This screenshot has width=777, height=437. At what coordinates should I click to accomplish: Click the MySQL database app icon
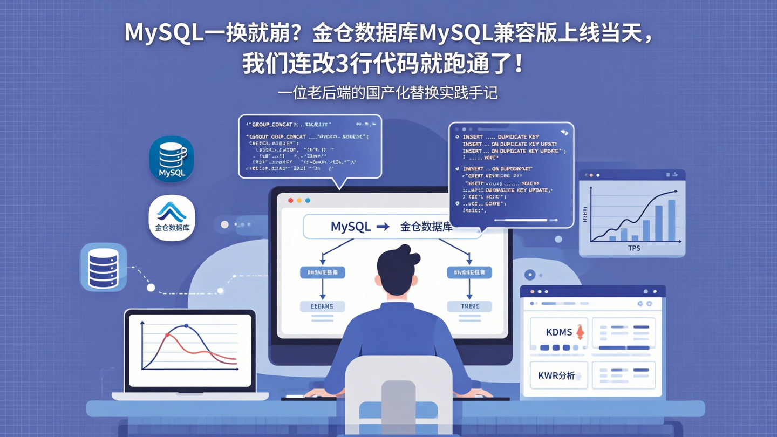pos(172,159)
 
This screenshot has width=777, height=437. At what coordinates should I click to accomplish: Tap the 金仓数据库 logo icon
pos(172,218)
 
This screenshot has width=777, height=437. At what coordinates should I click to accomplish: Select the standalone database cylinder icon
pos(104,268)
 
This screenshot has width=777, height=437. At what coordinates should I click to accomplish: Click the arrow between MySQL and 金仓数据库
pos(383,227)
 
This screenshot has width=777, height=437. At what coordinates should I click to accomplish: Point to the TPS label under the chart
pos(634,248)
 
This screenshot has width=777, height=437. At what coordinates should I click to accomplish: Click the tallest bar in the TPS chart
pos(671,220)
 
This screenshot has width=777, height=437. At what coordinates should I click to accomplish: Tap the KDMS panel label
pos(558,332)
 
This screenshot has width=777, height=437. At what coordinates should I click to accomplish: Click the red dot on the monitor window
pos(290,200)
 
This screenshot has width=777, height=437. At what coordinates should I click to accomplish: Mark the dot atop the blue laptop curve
pos(186,326)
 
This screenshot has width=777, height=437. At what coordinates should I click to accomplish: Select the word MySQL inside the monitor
pos(351,227)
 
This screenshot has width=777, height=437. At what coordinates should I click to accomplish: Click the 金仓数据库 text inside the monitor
pos(426,227)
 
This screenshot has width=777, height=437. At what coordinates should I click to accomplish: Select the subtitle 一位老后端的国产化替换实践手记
pos(387,93)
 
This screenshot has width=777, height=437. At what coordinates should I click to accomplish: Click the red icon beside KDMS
pos(580,332)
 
